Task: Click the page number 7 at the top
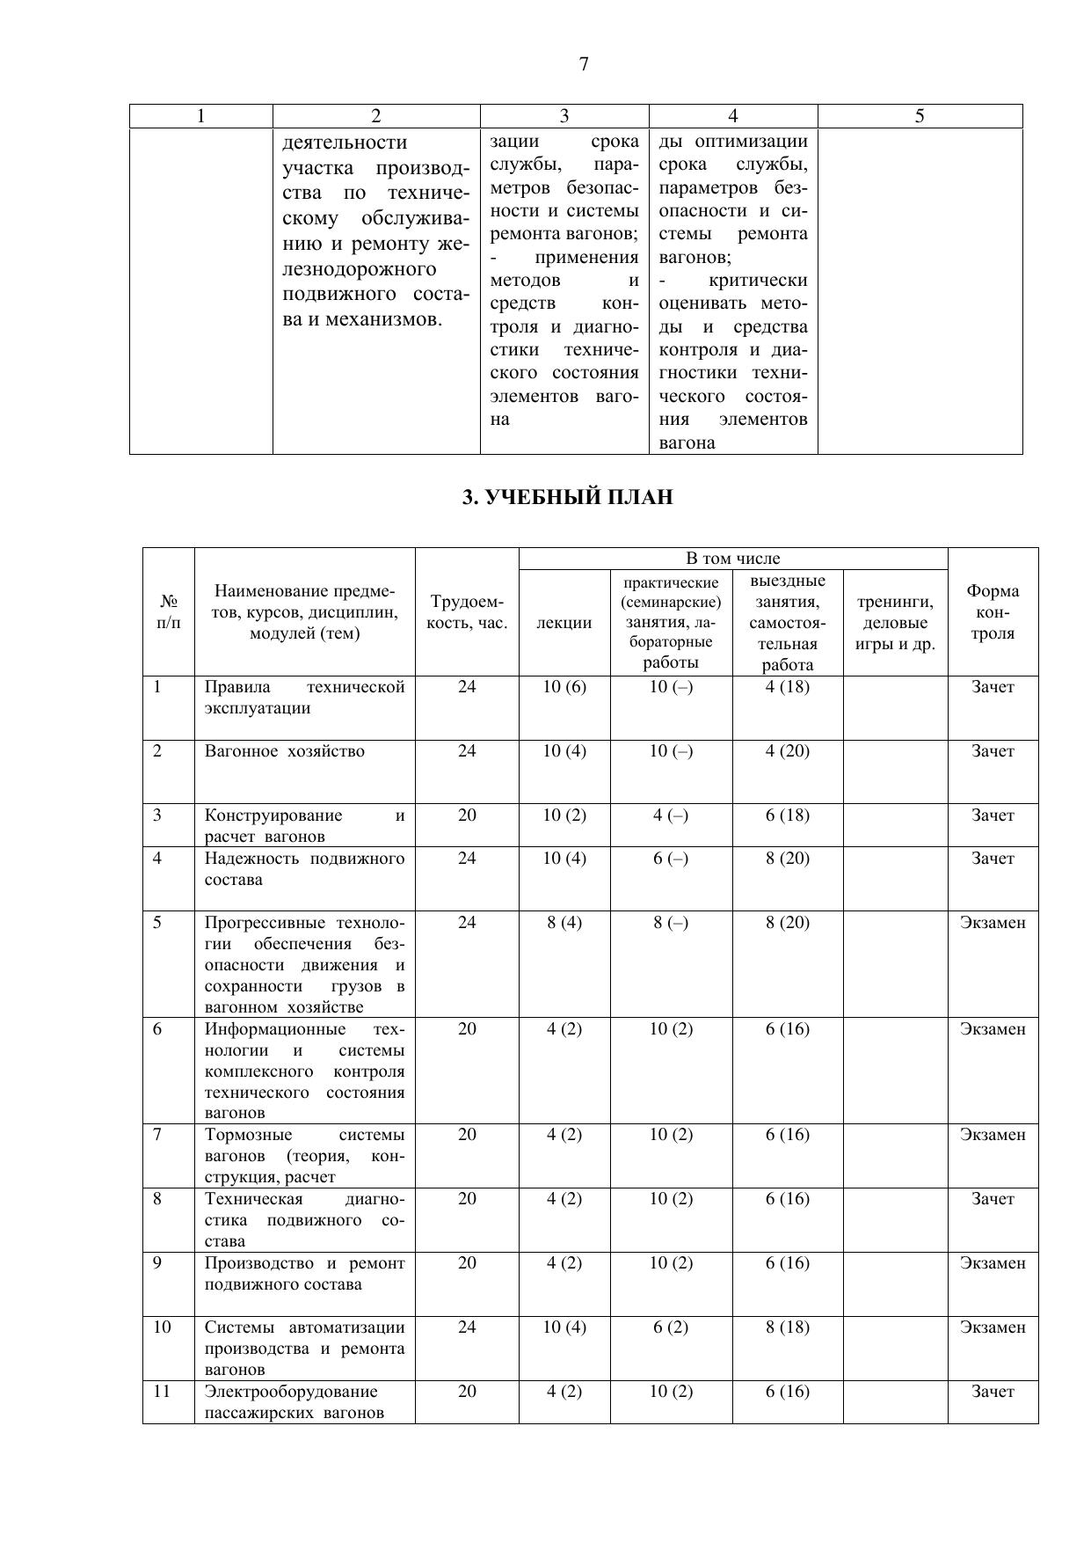click(x=584, y=64)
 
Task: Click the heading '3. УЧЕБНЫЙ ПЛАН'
click(x=567, y=498)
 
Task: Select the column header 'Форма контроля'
click(x=993, y=612)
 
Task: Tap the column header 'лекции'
click(x=564, y=623)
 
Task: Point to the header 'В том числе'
click(x=732, y=559)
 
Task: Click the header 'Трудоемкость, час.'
click(x=467, y=612)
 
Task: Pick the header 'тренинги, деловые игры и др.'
click(x=895, y=623)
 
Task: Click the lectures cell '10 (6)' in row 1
click(x=564, y=687)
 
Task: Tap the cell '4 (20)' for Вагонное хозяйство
click(x=787, y=751)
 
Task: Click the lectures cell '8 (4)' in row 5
click(x=564, y=923)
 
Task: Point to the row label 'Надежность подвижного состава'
click(x=304, y=869)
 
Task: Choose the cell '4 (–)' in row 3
click(x=671, y=815)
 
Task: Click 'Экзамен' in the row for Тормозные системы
click(x=993, y=1135)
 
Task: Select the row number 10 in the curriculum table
click(x=162, y=1327)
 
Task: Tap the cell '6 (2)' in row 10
click(x=671, y=1327)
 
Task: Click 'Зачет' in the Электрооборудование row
click(x=993, y=1392)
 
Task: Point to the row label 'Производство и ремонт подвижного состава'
click(x=304, y=1274)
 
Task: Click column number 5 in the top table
click(x=920, y=116)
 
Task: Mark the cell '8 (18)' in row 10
click(x=787, y=1327)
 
